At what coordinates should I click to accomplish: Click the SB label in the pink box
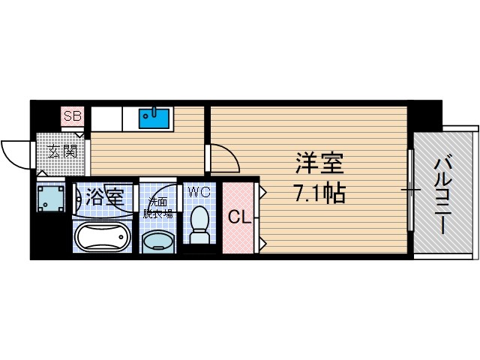pyautogui.click(x=73, y=116)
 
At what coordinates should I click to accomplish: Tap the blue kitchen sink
pyautogui.click(x=155, y=118)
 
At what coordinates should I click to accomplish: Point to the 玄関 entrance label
pyautogui.click(x=63, y=151)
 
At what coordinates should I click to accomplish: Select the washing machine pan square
pyautogui.click(x=51, y=199)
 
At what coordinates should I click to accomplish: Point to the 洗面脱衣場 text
pyautogui.click(x=159, y=208)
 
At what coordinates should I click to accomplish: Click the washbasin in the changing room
pyautogui.click(x=157, y=241)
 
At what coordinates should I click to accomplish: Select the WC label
pyautogui.click(x=199, y=192)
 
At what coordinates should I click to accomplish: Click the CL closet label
pyautogui.click(x=239, y=217)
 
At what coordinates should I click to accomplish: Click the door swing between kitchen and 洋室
pyautogui.click(x=224, y=158)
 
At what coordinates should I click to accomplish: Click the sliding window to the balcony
pyautogui.click(x=410, y=190)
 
